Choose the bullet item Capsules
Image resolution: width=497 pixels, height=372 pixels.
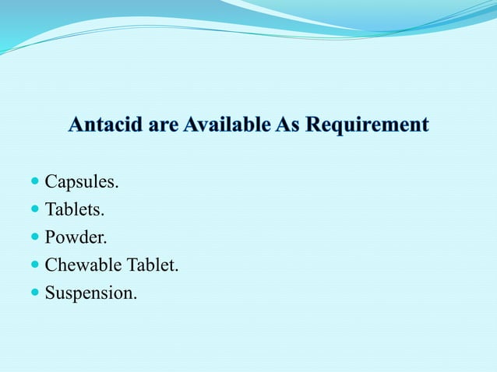click(82, 182)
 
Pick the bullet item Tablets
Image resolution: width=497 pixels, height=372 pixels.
click(75, 210)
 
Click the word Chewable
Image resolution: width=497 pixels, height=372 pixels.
click(83, 265)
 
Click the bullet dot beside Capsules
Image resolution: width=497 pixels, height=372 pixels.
click(34, 182)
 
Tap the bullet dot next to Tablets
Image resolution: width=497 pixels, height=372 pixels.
click(34, 210)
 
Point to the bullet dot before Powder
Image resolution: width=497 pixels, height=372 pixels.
click(34, 237)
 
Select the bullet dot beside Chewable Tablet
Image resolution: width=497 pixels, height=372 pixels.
click(34, 265)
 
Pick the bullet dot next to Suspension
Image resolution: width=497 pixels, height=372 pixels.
click(34, 293)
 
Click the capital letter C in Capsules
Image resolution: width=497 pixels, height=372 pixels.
click(51, 182)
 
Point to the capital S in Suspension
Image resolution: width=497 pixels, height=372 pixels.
click(50, 293)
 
